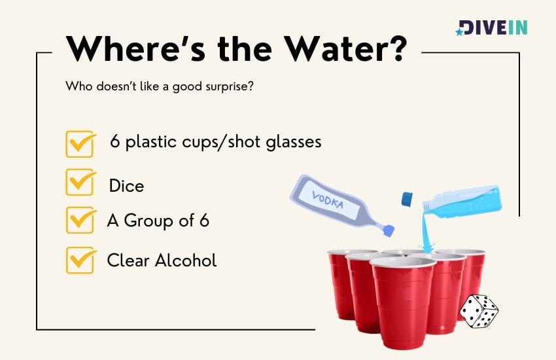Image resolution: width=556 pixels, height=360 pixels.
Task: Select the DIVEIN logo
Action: click(491, 27)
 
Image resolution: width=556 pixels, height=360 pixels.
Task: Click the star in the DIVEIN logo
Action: click(460, 31)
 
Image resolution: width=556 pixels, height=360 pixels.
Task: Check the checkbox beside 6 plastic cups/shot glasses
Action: click(80, 143)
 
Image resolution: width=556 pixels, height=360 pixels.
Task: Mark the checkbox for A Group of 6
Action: click(80, 221)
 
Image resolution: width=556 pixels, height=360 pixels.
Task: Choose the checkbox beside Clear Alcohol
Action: click(80, 260)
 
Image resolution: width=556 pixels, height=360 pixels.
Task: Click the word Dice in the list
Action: click(126, 186)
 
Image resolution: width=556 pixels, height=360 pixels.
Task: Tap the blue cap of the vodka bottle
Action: click(389, 230)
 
